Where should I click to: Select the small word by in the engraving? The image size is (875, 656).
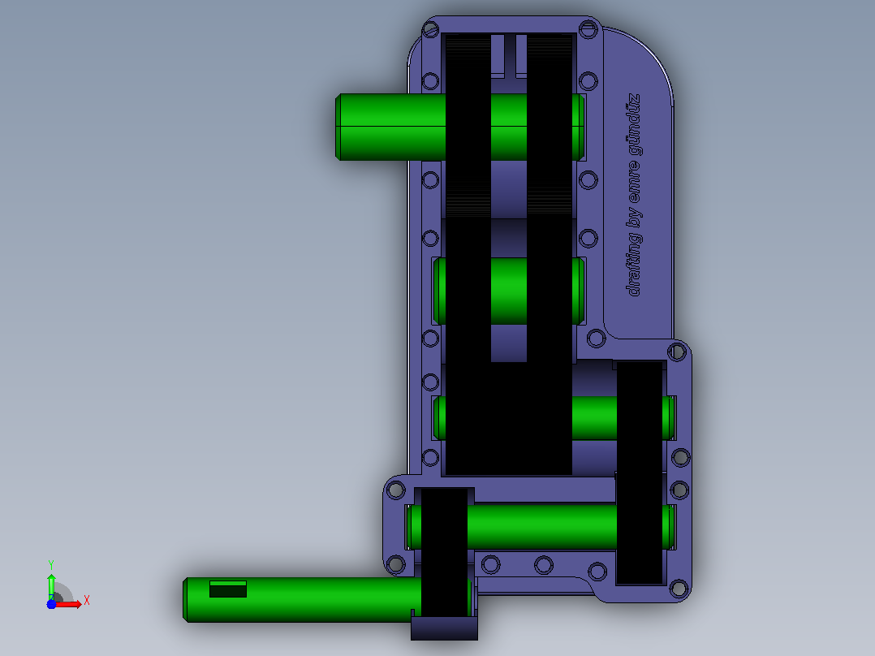click(x=635, y=217)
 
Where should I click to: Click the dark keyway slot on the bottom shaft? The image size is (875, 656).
click(x=227, y=589)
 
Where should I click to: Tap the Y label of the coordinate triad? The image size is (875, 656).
click(x=51, y=565)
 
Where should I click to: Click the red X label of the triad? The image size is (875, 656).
click(x=87, y=601)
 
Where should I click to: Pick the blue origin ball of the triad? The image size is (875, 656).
click(x=51, y=604)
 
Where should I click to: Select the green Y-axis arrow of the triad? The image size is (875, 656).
click(x=51, y=586)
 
